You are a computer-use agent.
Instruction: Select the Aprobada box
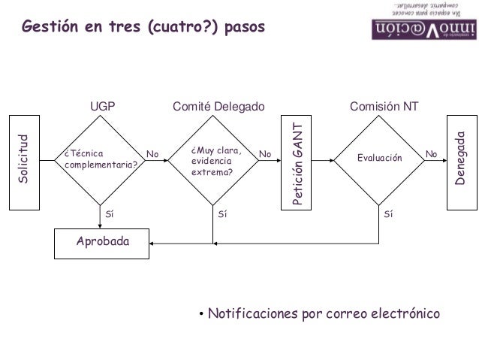click(102, 242)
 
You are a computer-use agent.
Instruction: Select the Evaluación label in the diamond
click(380, 159)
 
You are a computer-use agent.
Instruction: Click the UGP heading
click(103, 107)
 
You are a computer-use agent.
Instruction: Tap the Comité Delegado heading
click(218, 107)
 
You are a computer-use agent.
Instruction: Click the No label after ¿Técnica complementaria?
click(152, 154)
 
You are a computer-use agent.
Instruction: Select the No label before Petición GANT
click(264, 154)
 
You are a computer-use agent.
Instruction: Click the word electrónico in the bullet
click(403, 313)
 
